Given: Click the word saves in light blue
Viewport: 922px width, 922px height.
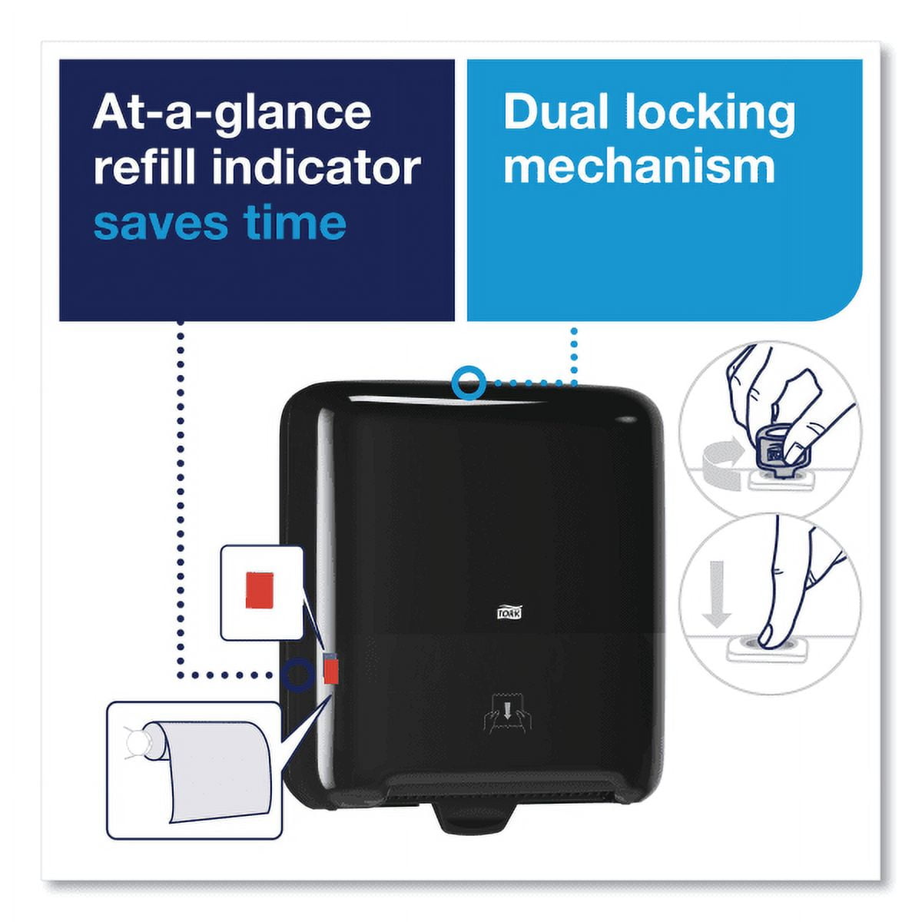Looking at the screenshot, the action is pyautogui.click(x=161, y=223).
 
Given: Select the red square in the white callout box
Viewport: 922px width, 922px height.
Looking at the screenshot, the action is pyautogui.click(x=259, y=589).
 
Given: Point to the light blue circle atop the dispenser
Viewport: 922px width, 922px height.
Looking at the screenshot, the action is pyautogui.click(x=469, y=383).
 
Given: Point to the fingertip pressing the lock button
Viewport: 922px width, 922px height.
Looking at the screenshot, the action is pyautogui.click(x=771, y=633).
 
